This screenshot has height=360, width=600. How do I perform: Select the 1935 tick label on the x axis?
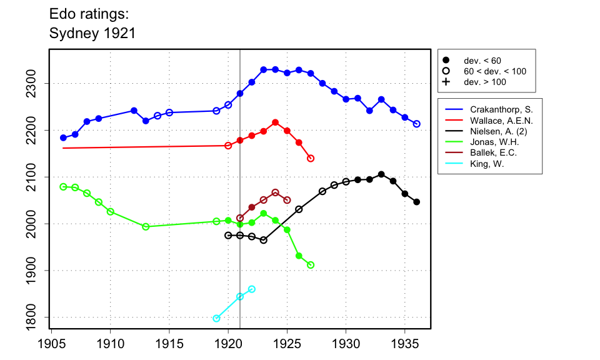coord(405,343)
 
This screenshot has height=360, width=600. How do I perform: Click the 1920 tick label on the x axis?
coord(228,343)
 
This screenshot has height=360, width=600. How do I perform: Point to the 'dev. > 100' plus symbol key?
coord(446,82)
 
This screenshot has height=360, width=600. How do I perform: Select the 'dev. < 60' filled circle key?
coord(446,61)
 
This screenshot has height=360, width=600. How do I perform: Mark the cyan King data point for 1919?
coord(216,318)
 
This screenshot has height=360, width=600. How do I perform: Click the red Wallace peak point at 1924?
coord(275,122)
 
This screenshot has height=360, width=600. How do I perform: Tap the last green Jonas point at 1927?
coord(311,265)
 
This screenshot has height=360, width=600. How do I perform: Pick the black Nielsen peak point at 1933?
coord(381,174)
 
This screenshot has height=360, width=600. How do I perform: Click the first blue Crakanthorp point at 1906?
coord(63,137)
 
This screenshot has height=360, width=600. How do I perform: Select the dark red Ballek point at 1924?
coord(275,192)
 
